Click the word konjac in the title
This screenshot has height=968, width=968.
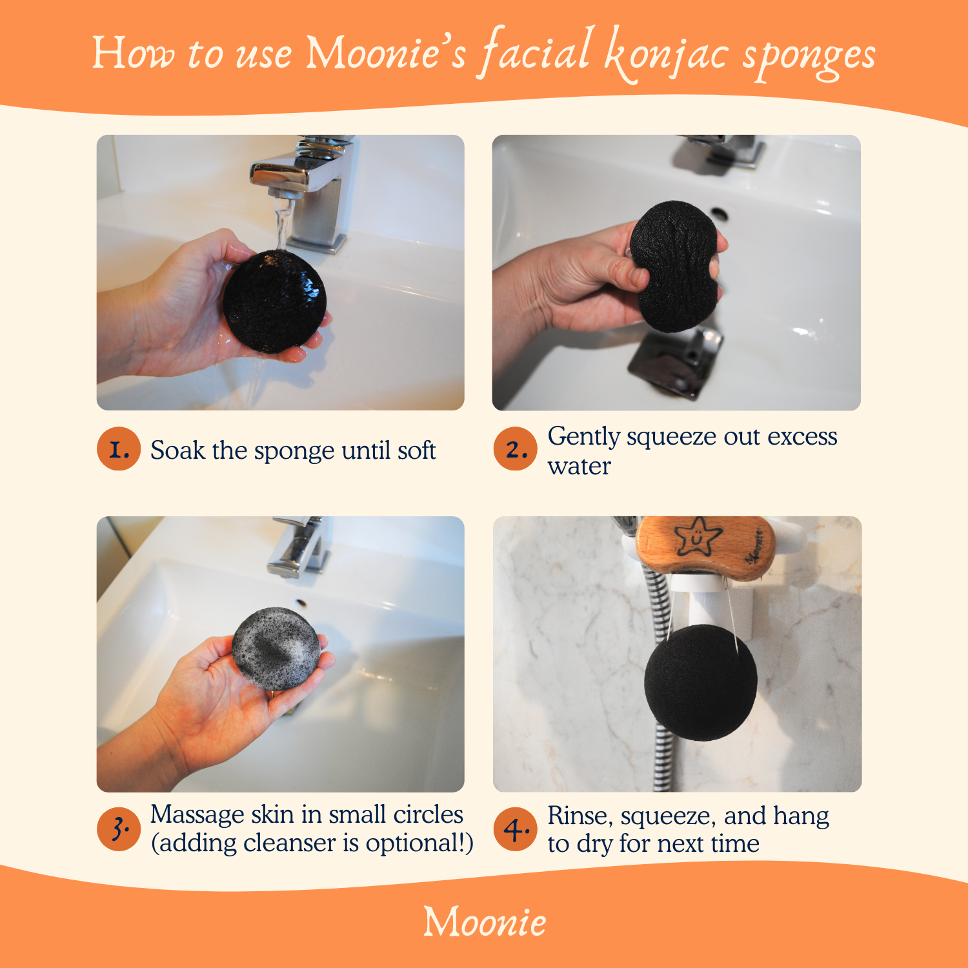(667, 55)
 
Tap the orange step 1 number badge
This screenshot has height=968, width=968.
(119, 449)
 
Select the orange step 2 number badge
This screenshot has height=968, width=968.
(515, 449)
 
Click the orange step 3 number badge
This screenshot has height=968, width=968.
(119, 829)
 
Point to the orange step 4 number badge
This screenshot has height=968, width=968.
(515, 829)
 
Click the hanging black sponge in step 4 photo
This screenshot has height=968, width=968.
(700, 682)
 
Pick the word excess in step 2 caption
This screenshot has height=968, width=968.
(802, 437)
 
